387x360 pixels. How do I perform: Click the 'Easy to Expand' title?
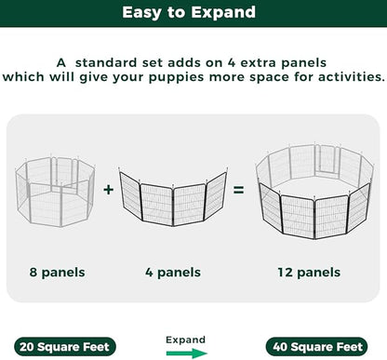point(193,14)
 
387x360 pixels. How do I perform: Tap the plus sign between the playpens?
point(109,190)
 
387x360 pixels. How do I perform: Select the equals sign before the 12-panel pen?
point(238,190)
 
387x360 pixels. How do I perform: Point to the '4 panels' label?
point(173,273)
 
